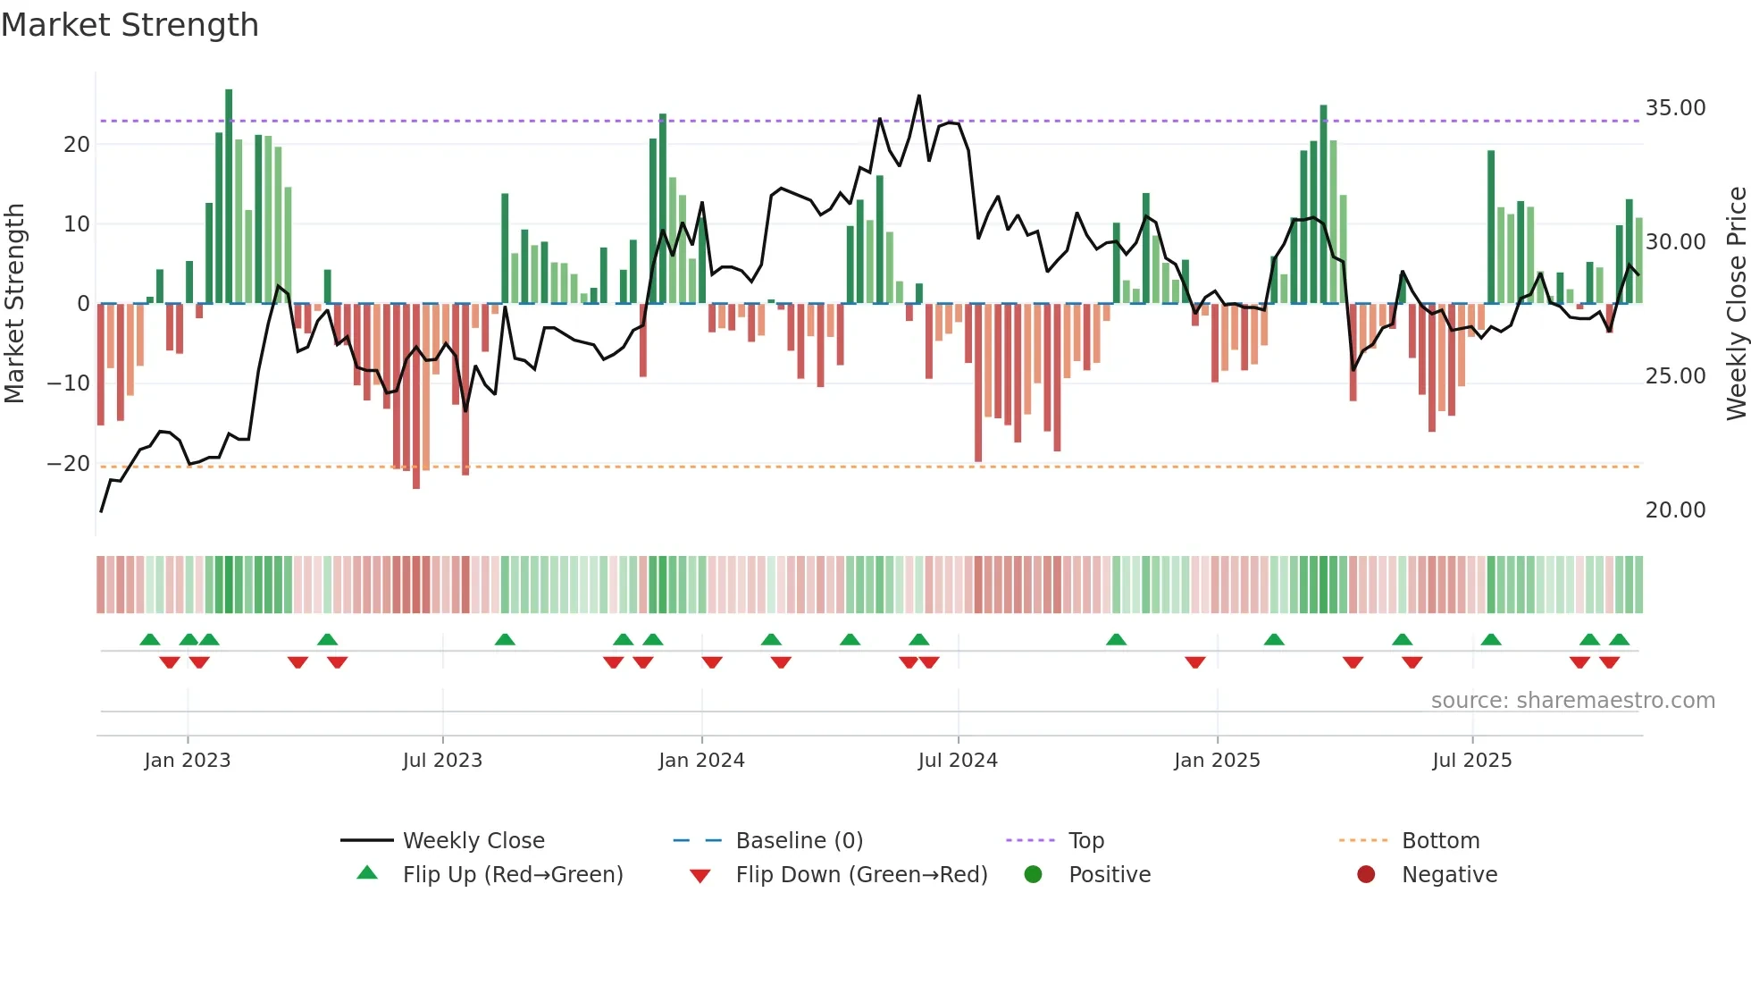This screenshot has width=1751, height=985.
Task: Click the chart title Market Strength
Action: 130,25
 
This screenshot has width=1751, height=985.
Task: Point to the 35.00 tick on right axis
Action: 1675,108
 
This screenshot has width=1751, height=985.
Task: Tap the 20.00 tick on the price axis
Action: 1675,510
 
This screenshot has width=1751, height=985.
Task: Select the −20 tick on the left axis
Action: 68,464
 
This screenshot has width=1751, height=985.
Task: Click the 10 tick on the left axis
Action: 77,224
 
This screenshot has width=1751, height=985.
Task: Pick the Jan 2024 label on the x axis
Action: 701,761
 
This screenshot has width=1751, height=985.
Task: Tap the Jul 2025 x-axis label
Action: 1471,761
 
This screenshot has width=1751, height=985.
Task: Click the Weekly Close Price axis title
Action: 1736,304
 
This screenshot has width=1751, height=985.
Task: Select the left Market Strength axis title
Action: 14,304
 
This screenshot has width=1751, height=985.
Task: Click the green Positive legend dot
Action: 1034,875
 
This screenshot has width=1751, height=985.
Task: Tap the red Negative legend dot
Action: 1366,875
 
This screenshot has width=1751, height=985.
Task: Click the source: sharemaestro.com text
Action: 1572,701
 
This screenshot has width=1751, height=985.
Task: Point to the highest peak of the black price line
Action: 919,97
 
